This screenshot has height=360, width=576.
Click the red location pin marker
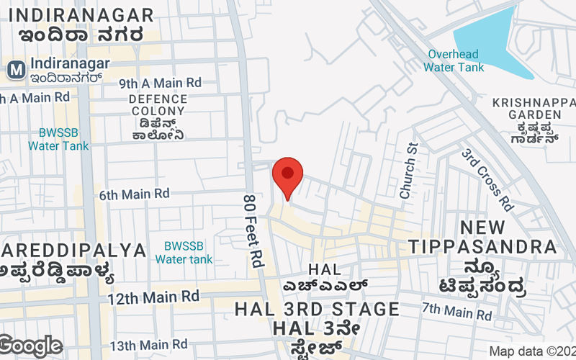[287, 176]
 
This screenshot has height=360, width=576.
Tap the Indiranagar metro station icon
[14, 70]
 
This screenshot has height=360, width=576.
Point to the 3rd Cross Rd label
[487, 179]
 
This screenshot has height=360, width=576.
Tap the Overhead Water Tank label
[454, 60]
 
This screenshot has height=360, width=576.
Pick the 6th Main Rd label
[134, 194]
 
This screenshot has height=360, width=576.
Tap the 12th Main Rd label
[153, 296]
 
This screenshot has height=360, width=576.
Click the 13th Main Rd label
[148, 345]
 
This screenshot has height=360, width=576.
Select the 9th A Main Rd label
[160, 83]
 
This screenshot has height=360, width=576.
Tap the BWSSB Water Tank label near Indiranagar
[58, 139]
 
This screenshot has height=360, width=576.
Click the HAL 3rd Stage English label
[317, 310]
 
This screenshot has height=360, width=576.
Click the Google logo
[30, 346]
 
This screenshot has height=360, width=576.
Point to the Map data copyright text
[532, 351]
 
